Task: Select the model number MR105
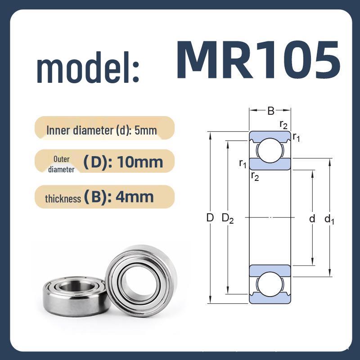pos(257,59)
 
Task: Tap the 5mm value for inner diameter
pos(145,131)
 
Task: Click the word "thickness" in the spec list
pos(63,198)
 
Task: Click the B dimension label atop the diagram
pos(270,110)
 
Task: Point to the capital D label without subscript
pos(210,218)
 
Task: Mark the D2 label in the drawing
pos(228,219)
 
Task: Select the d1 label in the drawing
pos(329,219)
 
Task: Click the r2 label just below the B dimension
pos(283,125)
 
